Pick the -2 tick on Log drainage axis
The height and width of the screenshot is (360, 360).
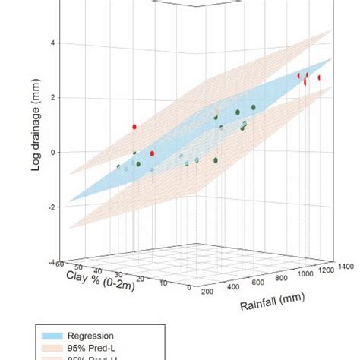[53, 207]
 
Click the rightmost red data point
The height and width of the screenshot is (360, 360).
[319, 77]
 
